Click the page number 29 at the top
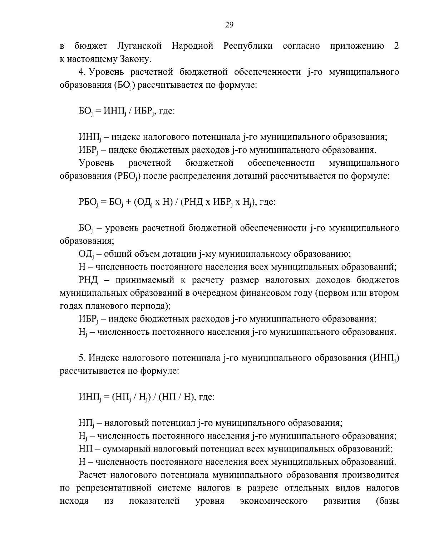[x=229, y=24]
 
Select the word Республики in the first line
[x=248, y=46]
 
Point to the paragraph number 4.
[x=81, y=72]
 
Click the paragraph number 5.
[x=81, y=358]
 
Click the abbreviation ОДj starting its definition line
[x=86, y=255]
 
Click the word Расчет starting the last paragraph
[x=92, y=475]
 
